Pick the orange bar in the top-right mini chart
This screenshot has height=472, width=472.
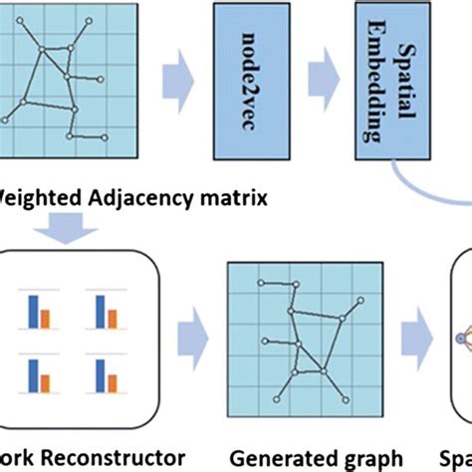[x=113, y=319]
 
